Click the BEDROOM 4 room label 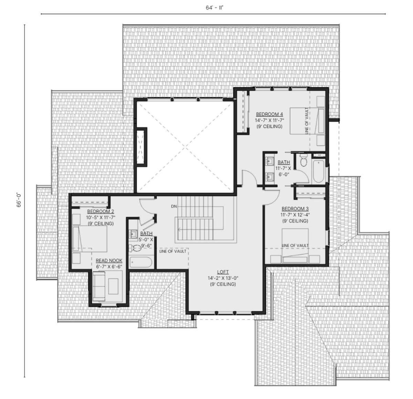click(x=269, y=114)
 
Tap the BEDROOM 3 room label click(x=295, y=209)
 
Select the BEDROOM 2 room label click(x=100, y=211)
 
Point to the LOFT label click(x=223, y=272)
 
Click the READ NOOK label click(x=109, y=261)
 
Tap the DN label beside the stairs click(x=174, y=206)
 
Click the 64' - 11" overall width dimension click(x=214, y=8)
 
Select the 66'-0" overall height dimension click(x=19, y=200)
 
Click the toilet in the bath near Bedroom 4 click(x=304, y=161)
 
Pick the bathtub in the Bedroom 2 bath click(x=141, y=262)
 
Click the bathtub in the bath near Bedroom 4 click(x=319, y=171)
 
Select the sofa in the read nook click(x=99, y=286)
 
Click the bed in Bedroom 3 click(x=295, y=246)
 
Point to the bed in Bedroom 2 click(x=90, y=239)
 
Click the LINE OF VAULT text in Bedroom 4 click(x=307, y=121)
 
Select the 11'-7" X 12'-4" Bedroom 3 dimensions click(x=295, y=215)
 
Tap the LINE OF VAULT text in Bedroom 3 click(x=295, y=246)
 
